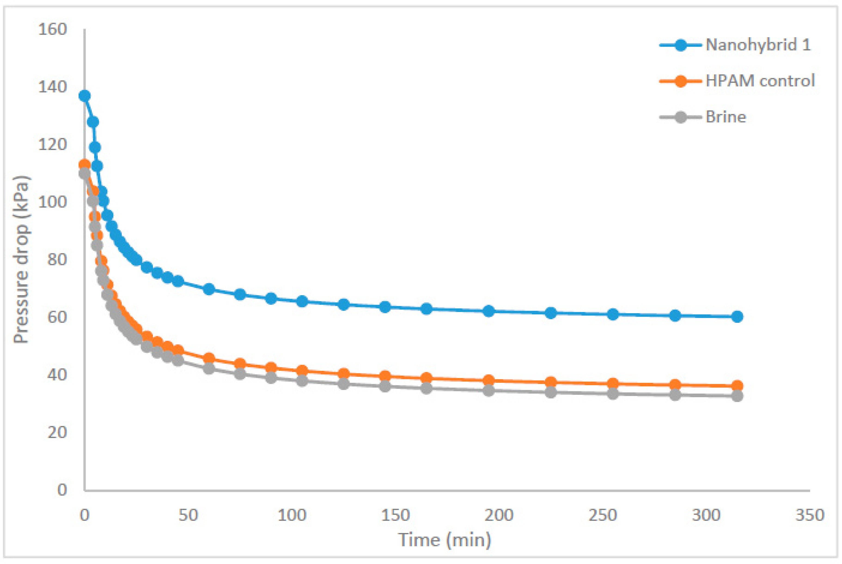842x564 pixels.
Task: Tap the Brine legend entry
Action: coord(726,117)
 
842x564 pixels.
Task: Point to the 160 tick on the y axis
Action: coord(52,30)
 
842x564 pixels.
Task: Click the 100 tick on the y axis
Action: coord(52,202)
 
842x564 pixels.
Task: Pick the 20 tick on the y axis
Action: coord(57,432)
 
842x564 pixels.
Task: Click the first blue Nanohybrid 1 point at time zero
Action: coord(85,96)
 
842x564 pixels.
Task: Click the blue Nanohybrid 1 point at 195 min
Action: coord(488,311)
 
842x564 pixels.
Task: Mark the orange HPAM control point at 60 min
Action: coord(209,358)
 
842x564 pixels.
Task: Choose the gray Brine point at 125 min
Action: coord(344,384)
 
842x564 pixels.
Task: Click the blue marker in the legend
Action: coord(680,45)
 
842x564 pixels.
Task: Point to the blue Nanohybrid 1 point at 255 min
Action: coord(613,314)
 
